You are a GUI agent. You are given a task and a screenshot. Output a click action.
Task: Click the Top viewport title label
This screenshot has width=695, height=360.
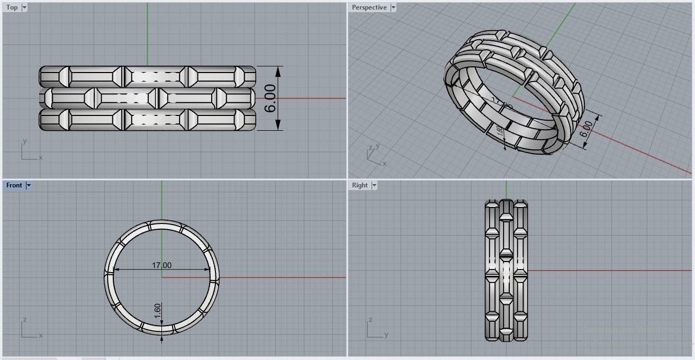pyautogui.click(x=12, y=7)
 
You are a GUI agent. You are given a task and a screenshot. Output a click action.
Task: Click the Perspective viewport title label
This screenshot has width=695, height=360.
pyautogui.click(x=369, y=7)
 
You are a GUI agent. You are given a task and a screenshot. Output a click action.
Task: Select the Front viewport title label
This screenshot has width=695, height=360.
pyautogui.click(x=14, y=185)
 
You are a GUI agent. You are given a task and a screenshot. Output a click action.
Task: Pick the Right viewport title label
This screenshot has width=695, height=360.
pyautogui.click(x=359, y=185)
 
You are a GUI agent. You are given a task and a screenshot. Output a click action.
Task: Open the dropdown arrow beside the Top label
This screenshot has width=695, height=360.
pyautogui.click(x=24, y=7)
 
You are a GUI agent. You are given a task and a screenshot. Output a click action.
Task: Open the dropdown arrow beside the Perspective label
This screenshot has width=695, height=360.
pyautogui.click(x=393, y=7)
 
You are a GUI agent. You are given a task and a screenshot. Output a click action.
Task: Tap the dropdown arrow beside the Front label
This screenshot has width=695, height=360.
pyautogui.click(x=29, y=185)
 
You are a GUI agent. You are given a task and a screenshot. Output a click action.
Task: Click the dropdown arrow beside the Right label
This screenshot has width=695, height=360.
pyautogui.click(x=374, y=185)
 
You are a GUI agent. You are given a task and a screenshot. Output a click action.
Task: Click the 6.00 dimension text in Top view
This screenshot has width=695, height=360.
pyautogui.click(x=270, y=98)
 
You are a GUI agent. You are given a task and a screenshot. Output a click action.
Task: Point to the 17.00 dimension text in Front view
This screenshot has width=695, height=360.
pyautogui.click(x=161, y=265)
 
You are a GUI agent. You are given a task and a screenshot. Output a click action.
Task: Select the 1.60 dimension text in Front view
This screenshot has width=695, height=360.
pyautogui.click(x=158, y=311)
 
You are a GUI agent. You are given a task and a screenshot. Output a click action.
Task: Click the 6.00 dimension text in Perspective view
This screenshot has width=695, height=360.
pyautogui.click(x=586, y=129)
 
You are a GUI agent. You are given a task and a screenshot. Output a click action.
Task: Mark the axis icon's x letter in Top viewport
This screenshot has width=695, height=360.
pyautogui.click(x=41, y=157)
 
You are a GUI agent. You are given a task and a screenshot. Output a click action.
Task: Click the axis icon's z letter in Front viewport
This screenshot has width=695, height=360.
pyautogui.click(x=24, y=320)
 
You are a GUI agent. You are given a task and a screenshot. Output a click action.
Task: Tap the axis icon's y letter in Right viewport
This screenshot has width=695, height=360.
pyautogui.click(x=386, y=335)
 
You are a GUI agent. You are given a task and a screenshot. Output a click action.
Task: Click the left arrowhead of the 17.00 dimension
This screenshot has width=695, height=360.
pyautogui.click(x=117, y=269)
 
